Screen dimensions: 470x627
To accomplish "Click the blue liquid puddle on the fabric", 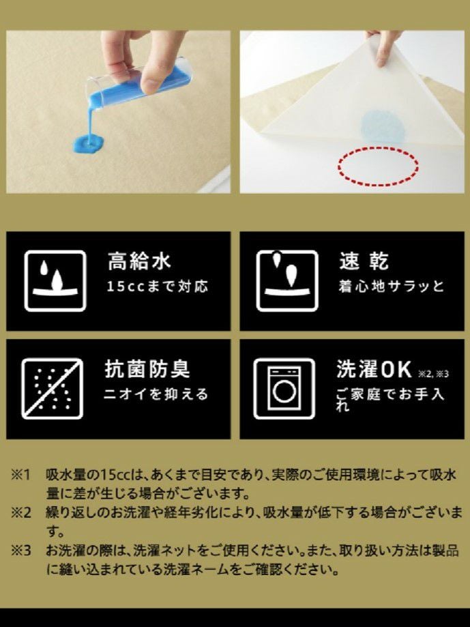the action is click(88, 145).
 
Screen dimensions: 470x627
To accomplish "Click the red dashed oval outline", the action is click(378, 166).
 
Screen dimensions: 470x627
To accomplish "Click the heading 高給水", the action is click(139, 261).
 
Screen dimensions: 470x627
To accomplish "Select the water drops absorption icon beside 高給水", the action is click(55, 281).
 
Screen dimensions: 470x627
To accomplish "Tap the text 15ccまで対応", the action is click(158, 287).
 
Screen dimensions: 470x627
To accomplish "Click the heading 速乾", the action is click(364, 261).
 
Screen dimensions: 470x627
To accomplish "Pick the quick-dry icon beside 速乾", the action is click(287, 281).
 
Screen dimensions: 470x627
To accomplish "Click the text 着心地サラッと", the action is click(392, 287).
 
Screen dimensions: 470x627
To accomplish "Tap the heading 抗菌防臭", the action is click(147, 369).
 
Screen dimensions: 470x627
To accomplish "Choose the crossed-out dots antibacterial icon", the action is click(53, 389).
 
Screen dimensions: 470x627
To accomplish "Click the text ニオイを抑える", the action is click(156, 394).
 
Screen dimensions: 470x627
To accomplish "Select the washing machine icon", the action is click(284, 389).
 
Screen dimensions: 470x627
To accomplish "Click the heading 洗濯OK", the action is click(374, 369).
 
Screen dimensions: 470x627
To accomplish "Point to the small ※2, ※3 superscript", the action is click(434, 375).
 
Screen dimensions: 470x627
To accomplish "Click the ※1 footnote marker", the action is click(20, 475).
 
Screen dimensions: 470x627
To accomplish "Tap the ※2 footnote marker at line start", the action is click(20, 512).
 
